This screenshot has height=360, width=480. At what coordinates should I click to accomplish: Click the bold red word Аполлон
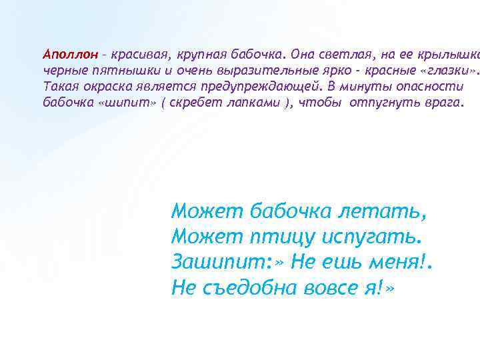click(x=70, y=53)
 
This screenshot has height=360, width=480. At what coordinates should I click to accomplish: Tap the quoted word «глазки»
click(x=445, y=70)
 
